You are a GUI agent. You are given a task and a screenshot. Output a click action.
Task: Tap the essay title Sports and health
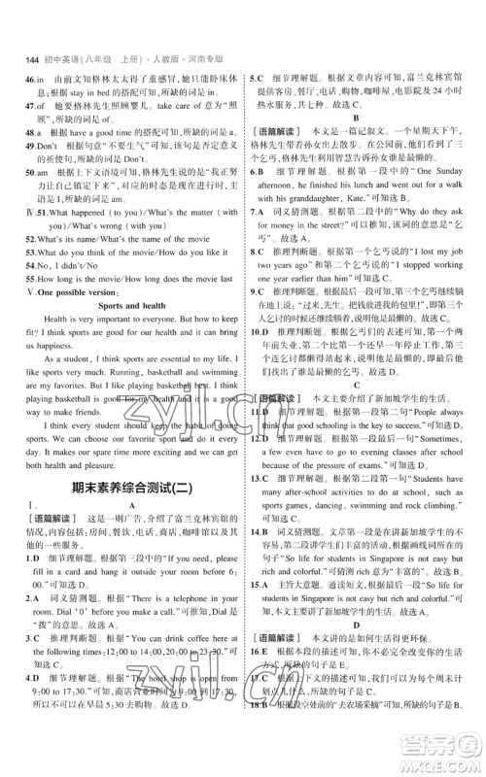pyautogui.click(x=123, y=304)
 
